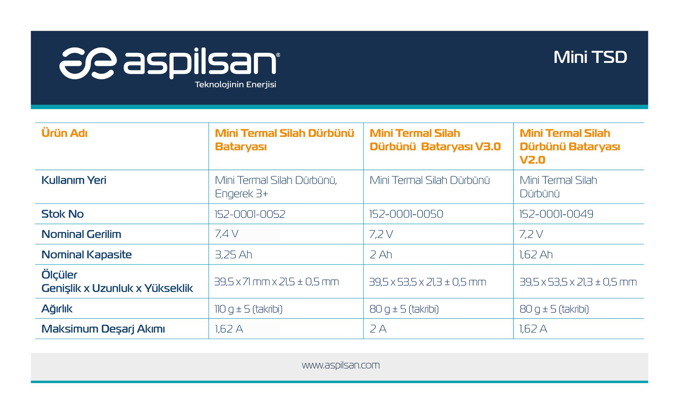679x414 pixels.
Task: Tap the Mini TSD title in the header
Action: click(x=590, y=57)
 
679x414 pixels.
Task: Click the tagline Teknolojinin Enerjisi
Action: click(x=235, y=85)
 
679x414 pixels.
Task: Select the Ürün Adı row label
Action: click(x=64, y=133)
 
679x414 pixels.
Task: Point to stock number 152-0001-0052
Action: click(x=250, y=214)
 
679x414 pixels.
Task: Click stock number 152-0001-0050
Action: click(x=406, y=214)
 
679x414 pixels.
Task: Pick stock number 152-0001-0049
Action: click(x=556, y=214)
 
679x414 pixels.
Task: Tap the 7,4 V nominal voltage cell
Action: click(x=227, y=234)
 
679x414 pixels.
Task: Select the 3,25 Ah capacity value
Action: click(x=233, y=255)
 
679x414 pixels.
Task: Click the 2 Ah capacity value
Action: click(x=381, y=255)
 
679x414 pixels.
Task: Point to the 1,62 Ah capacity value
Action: click(x=536, y=255)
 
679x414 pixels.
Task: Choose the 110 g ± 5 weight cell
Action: click(x=249, y=309)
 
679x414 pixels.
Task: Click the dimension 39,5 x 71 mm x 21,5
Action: click(x=276, y=282)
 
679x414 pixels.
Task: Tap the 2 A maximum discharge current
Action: click(x=378, y=329)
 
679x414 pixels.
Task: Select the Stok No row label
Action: click(x=63, y=214)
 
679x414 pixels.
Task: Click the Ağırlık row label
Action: click(x=57, y=308)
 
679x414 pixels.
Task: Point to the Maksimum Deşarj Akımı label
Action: click(x=103, y=329)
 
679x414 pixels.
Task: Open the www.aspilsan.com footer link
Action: click(x=341, y=365)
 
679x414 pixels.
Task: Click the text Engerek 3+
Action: click(x=241, y=194)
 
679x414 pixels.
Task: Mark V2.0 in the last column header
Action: click(x=532, y=160)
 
